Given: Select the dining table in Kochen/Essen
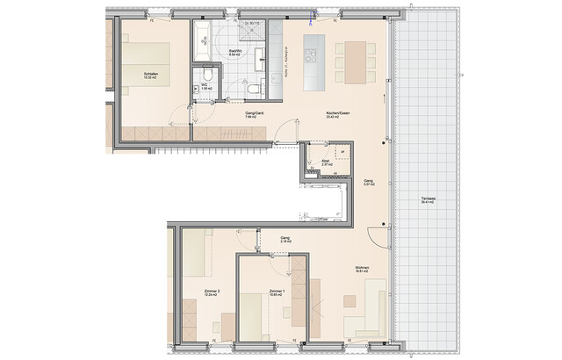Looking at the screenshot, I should coord(357,58).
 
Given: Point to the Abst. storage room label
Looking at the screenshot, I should coord(326,162).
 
